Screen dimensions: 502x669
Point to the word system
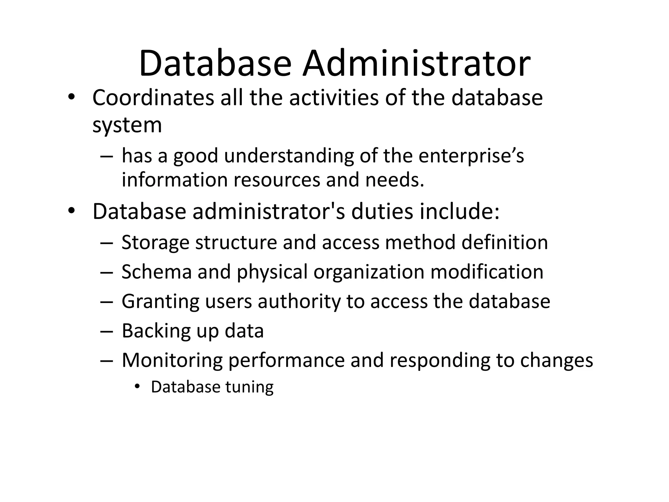[x=127, y=125]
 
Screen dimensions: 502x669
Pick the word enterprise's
[x=471, y=156]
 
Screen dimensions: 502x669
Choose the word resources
[x=277, y=180]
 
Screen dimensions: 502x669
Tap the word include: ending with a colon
[x=460, y=211]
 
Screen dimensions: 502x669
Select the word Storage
[x=155, y=243]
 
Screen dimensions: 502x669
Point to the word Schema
[x=156, y=272]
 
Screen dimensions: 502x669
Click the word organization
[x=369, y=272]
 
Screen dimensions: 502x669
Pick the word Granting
[x=160, y=302]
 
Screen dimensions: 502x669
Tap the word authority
[x=299, y=302]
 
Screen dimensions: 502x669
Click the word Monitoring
[x=172, y=360]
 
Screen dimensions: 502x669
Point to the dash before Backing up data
[x=107, y=331]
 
